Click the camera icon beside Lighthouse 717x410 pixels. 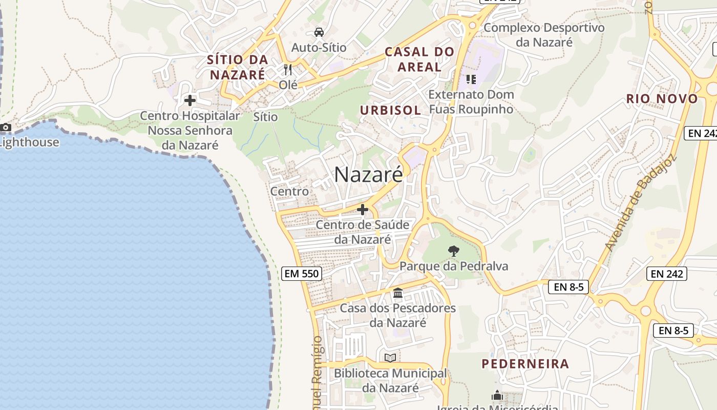click(x=6, y=127)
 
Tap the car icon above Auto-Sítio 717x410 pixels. click(x=319, y=32)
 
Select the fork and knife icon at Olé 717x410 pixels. click(x=288, y=69)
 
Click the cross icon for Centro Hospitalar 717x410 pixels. click(x=190, y=100)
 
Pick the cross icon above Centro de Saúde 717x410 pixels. click(x=363, y=210)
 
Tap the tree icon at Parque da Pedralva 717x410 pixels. click(x=453, y=251)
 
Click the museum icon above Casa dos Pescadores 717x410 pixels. click(x=398, y=294)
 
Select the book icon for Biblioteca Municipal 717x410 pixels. click(x=390, y=358)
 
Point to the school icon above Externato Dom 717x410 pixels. click(x=471, y=79)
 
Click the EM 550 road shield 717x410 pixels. click(x=302, y=274)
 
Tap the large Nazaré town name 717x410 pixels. click(x=368, y=175)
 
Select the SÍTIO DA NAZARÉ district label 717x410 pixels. click(x=238, y=67)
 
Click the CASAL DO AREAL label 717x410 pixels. click(x=419, y=59)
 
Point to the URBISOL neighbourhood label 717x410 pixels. click(x=390, y=110)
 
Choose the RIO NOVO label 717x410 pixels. click(x=662, y=99)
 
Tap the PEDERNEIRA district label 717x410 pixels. click(x=525, y=364)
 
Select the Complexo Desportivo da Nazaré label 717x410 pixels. click(x=544, y=34)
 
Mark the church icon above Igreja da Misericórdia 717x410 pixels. click(x=497, y=396)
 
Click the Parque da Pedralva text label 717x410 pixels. click(x=454, y=266)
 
